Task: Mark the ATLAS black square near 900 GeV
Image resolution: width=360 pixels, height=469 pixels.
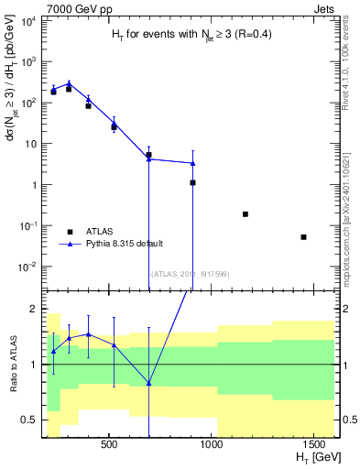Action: tap(193, 182)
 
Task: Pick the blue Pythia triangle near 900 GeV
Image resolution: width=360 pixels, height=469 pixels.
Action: tap(193, 163)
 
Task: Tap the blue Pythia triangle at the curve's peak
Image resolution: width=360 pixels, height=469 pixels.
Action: tap(69, 82)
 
